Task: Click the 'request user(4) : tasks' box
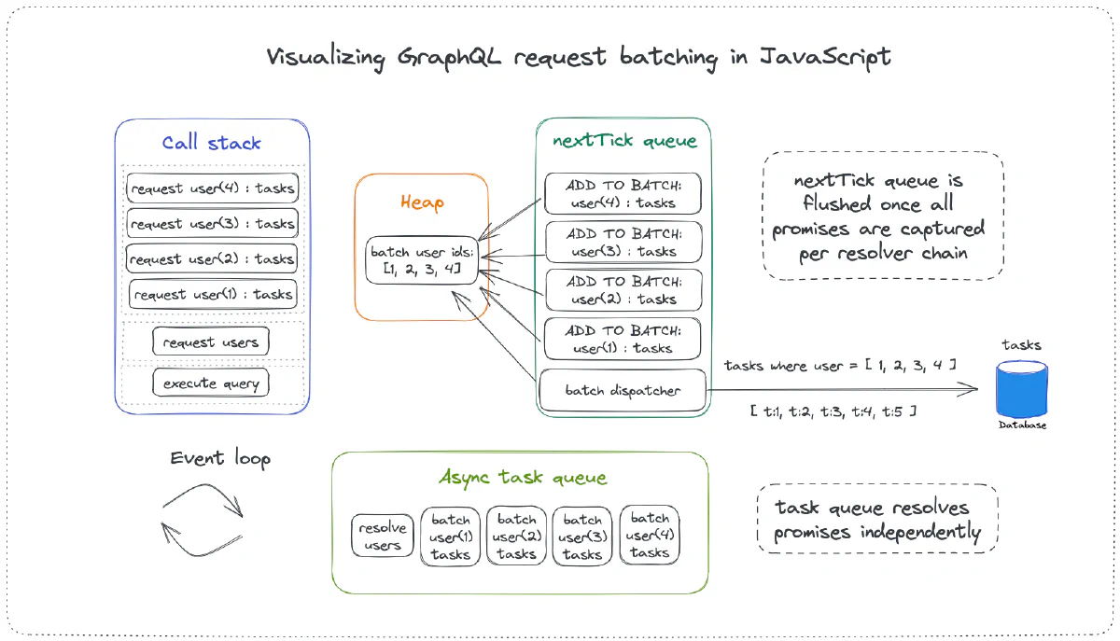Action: click(x=212, y=188)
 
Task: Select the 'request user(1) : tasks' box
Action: click(x=212, y=295)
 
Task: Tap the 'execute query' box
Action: click(x=212, y=383)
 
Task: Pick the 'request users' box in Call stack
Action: click(x=211, y=342)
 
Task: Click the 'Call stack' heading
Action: click(x=211, y=143)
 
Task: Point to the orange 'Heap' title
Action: click(x=422, y=202)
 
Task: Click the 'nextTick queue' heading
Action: click(x=623, y=141)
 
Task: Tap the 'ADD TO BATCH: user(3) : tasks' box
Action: click(x=623, y=243)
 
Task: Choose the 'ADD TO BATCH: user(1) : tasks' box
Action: click(x=623, y=340)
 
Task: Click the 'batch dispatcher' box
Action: click(x=623, y=390)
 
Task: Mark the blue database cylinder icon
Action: click(x=1022, y=390)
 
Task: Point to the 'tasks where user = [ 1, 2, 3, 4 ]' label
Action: click(x=840, y=365)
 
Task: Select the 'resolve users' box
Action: click(x=383, y=536)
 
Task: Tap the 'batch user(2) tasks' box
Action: click(x=516, y=536)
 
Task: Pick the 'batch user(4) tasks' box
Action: click(x=650, y=536)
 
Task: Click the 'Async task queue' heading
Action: click(x=523, y=478)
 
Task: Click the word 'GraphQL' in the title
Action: click(x=451, y=56)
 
